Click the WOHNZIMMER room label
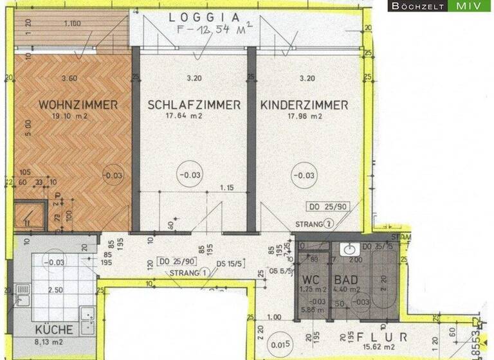point(77,105)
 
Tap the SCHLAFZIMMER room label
point(194,105)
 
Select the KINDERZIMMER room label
point(305,105)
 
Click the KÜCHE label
point(55,330)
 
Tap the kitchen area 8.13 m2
point(53,341)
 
